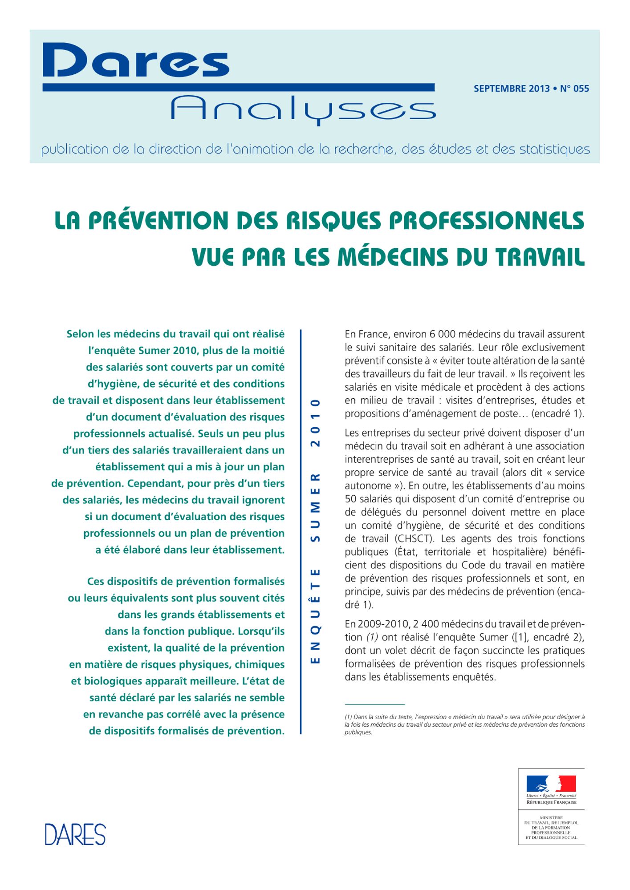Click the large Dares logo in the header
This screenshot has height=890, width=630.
(x=136, y=61)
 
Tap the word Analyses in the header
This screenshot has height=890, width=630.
(x=303, y=109)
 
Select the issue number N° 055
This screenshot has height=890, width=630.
(x=574, y=89)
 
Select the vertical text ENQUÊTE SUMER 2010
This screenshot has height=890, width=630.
(x=315, y=531)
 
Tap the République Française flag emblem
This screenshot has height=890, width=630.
(x=551, y=783)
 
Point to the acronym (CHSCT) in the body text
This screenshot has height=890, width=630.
(x=415, y=539)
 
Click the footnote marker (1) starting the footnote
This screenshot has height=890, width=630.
(x=349, y=717)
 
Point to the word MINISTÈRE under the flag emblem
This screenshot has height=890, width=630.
(x=551, y=818)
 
